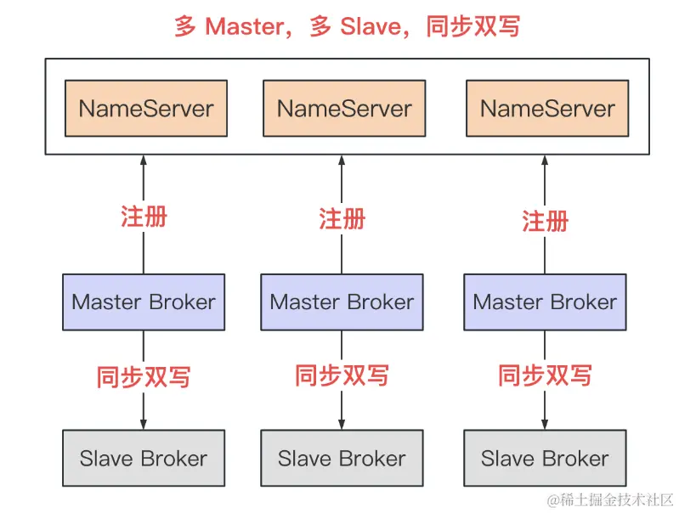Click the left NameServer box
146,109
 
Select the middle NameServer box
344,109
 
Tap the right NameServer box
547,109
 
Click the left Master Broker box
144,302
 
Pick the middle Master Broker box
342,302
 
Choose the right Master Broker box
545,302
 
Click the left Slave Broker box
144,459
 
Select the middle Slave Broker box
342,459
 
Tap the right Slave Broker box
545,459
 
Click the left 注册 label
144,216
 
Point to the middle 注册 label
342,218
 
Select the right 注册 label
545,221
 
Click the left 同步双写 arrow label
144,376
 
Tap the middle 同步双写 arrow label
342,375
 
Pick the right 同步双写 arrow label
545,375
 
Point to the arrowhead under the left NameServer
144,161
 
